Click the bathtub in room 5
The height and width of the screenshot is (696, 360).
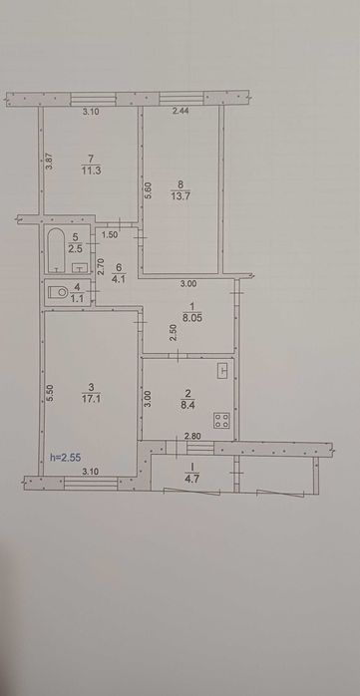click(57, 250)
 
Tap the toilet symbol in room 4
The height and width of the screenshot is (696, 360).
click(59, 292)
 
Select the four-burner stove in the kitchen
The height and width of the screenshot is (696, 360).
click(221, 421)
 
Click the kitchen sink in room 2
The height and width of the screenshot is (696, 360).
click(223, 371)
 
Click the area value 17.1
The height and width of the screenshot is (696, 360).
click(90, 399)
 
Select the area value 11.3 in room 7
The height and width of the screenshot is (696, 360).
click(90, 170)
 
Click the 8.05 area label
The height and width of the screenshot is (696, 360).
click(193, 318)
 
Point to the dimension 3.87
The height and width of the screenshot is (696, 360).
click(51, 161)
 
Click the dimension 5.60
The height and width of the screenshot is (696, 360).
click(150, 190)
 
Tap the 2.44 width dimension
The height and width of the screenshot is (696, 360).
click(181, 112)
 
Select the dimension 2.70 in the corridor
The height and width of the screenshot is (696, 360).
click(100, 267)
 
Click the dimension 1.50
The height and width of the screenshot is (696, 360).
click(110, 235)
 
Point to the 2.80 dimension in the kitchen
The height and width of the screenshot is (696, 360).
click(193, 436)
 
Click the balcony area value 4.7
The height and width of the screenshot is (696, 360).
click(192, 479)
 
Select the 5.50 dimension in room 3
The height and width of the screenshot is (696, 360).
click(50, 394)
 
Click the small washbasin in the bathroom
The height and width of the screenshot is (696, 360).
click(79, 267)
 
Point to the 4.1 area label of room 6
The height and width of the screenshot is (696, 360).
click(119, 280)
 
